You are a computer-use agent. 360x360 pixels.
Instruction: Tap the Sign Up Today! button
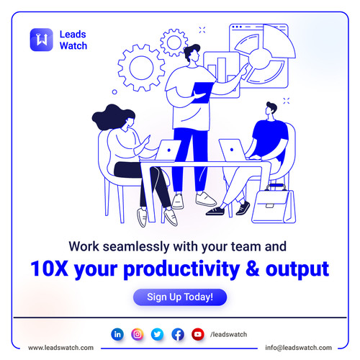179,297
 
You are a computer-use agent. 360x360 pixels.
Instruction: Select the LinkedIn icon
117,334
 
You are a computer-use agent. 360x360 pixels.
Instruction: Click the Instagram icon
138,334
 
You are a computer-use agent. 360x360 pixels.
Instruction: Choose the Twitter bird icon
158,334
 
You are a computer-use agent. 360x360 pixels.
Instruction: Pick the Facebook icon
178,334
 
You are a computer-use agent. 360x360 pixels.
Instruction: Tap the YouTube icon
198,334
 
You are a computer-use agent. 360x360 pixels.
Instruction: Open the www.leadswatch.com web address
61,347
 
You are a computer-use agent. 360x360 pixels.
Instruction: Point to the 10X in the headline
49,269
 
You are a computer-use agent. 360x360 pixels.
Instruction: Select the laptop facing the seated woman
168,150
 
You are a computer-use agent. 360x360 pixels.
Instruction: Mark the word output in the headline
297,269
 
